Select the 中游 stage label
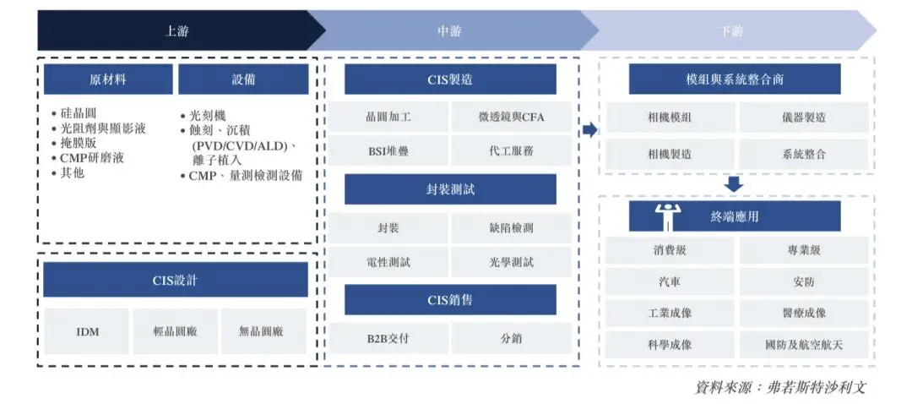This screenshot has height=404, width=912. click(x=449, y=30)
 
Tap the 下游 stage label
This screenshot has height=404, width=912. click(x=731, y=30)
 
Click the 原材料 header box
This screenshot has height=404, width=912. click(x=108, y=79)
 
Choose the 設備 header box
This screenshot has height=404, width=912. click(x=243, y=79)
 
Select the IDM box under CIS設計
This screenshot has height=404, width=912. click(x=87, y=331)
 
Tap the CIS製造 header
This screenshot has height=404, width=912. click(x=450, y=79)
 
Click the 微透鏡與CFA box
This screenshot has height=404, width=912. click(x=511, y=117)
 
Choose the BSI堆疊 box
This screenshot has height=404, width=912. click(x=388, y=151)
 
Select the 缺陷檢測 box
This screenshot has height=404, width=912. click(x=511, y=227)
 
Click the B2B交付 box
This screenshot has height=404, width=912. click(x=388, y=338)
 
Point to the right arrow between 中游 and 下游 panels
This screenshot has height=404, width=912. click(x=589, y=129)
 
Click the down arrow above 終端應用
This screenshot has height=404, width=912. click(x=734, y=183)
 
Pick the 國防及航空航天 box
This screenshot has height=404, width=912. click(x=803, y=344)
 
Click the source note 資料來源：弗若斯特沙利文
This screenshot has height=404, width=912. click(x=779, y=387)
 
